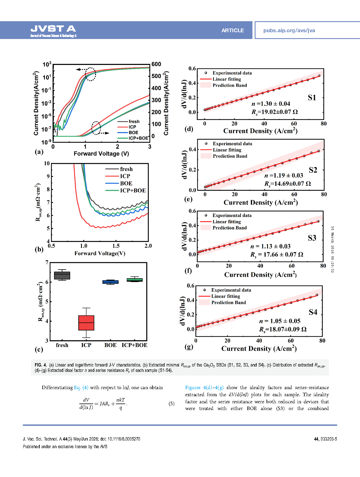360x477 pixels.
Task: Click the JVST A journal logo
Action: click(x=53, y=31)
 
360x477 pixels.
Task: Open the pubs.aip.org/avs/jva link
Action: click(x=289, y=31)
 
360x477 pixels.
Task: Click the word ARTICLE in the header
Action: click(x=232, y=31)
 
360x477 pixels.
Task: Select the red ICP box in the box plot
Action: click(x=86, y=323)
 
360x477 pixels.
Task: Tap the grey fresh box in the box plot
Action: click(x=62, y=276)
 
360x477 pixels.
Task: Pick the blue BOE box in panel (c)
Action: click(x=110, y=282)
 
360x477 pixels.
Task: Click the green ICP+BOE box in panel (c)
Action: click(x=134, y=280)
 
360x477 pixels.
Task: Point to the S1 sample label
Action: click(x=312, y=98)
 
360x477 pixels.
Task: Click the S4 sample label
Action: click(x=313, y=312)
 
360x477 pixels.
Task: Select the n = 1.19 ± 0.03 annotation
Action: click(x=283, y=175)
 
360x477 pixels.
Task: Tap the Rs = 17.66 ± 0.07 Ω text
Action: click(x=277, y=254)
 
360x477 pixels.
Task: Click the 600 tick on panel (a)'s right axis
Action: click(x=156, y=64)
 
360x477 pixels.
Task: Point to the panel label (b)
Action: click(x=39, y=249)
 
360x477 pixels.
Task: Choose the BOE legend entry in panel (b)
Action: click(x=126, y=183)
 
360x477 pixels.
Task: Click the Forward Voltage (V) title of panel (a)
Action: click(x=101, y=154)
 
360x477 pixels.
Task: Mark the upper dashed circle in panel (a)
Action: click(x=90, y=74)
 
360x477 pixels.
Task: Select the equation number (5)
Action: click(x=171, y=404)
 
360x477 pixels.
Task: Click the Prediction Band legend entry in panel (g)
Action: click(x=228, y=302)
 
